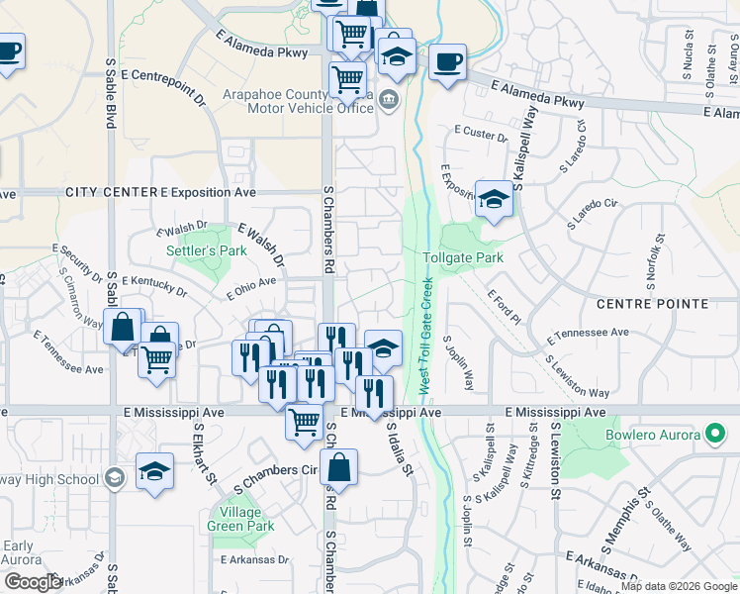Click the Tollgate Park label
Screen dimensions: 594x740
click(463, 257)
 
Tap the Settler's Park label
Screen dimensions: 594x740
click(206, 251)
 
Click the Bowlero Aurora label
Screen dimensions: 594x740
click(652, 435)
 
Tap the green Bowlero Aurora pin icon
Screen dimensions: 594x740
click(714, 434)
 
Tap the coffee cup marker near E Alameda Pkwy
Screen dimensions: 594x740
click(446, 62)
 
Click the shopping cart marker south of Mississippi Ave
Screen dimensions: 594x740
click(304, 421)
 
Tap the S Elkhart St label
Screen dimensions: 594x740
click(204, 455)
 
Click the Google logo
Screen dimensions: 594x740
click(33, 582)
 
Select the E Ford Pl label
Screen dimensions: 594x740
click(503, 307)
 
